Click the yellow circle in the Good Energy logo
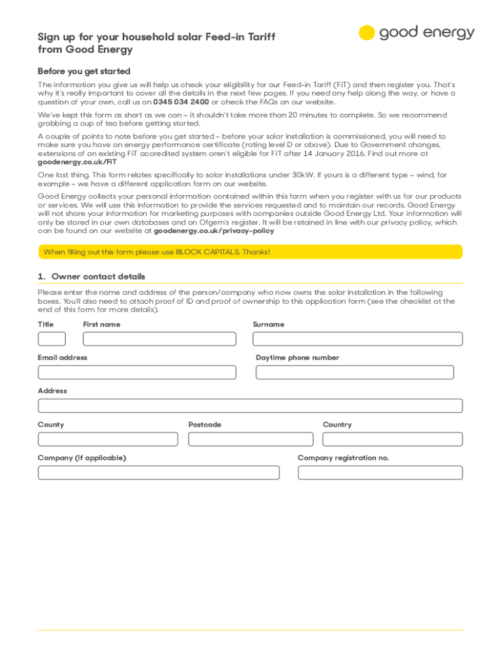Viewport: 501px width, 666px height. coord(367,33)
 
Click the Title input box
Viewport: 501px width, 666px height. coord(51,339)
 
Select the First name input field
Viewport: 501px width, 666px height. coord(159,339)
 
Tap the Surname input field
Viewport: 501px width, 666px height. coord(357,339)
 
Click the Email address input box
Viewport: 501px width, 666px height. coord(137,373)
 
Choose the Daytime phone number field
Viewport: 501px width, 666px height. coord(355,373)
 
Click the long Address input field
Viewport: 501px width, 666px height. coord(250,406)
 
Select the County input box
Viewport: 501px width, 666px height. coord(107,440)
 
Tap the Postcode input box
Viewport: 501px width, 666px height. coord(251,440)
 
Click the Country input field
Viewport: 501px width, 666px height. coord(392,440)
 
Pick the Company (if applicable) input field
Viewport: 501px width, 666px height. coord(158,473)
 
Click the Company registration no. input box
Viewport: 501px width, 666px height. coord(380,473)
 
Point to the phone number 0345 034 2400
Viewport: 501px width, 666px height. coord(181,102)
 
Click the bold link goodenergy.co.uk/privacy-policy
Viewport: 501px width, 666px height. coord(213,231)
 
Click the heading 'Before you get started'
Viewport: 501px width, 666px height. coord(84,71)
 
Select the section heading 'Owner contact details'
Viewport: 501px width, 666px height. coord(98,276)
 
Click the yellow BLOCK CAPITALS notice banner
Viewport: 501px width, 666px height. coord(250,252)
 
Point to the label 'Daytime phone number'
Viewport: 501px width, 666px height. coord(297,358)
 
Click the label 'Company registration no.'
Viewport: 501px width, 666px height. coord(343,458)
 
